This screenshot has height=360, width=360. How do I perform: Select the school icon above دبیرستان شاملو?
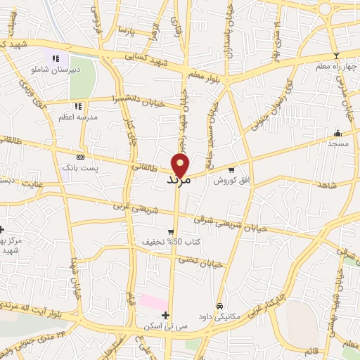click(x=56, y=58)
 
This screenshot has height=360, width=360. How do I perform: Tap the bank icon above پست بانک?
click(x=80, y=157)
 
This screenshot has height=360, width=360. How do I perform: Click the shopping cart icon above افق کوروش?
click(x=231, y=169)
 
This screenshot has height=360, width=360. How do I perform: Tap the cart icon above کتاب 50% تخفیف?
click(x=171, y=231)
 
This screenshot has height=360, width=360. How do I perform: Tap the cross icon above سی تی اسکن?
click(x=165, y=314)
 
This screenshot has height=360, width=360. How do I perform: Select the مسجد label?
click(x=337, y=143)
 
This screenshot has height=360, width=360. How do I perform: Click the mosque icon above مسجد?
click(x=337, y=132)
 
